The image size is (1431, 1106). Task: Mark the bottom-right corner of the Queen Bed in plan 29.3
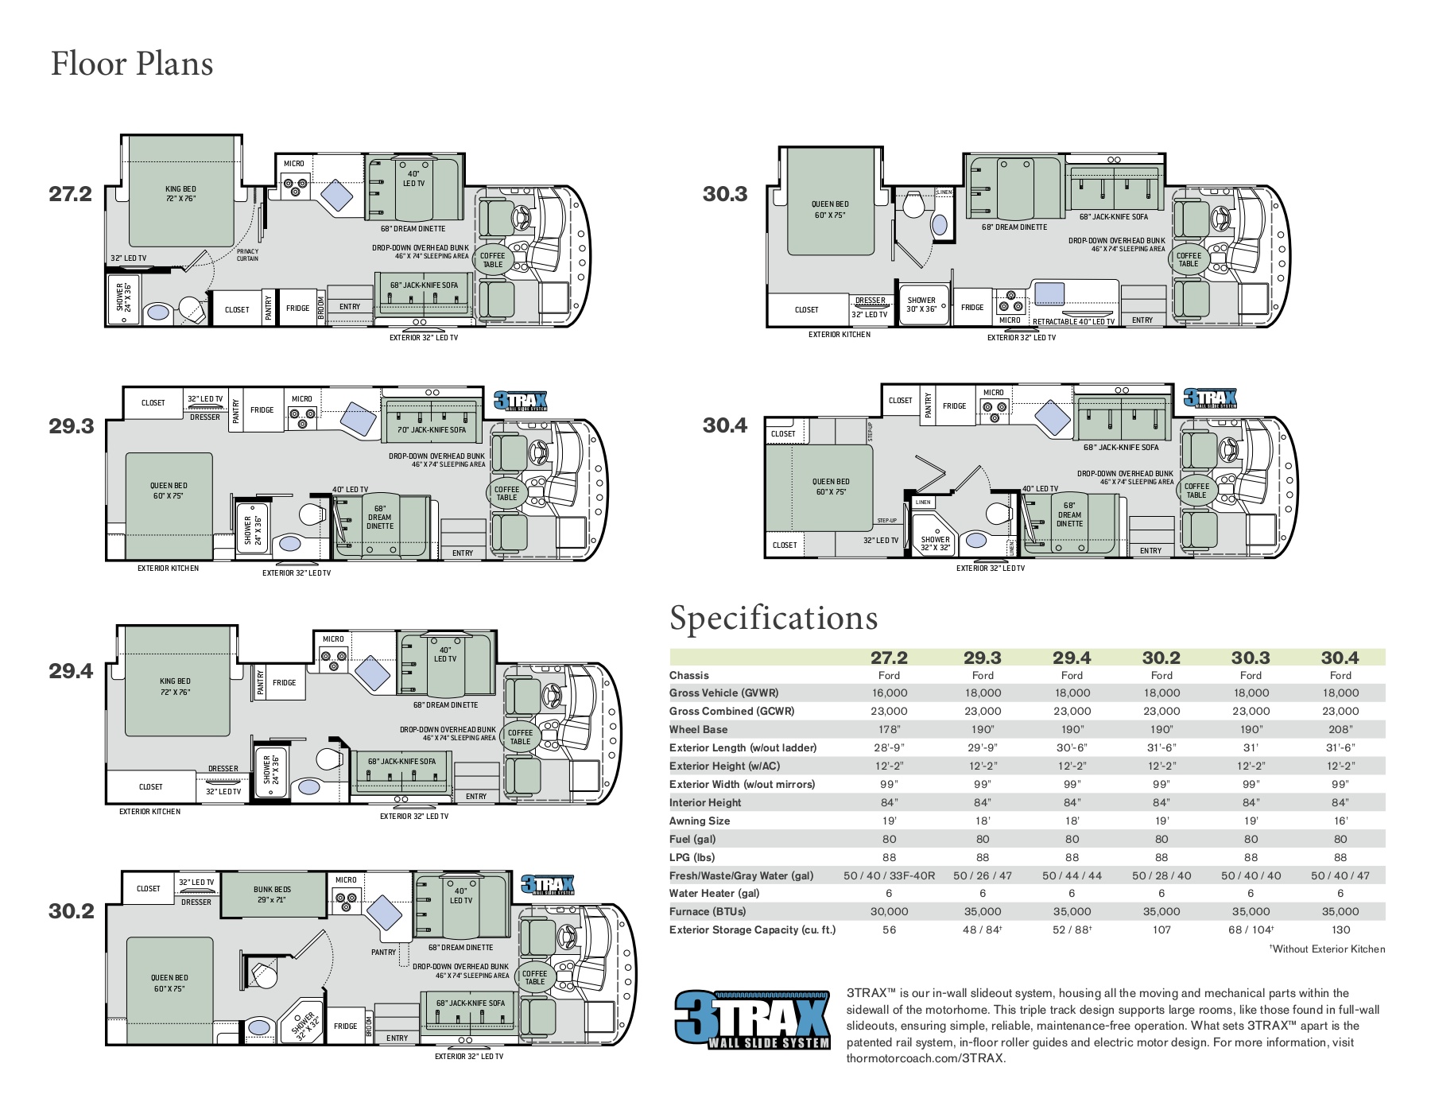[x=213, y=537]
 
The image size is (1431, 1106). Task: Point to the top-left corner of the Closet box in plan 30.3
[x=769, y=294]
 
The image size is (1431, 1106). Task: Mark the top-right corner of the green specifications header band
[x=1386, y=650]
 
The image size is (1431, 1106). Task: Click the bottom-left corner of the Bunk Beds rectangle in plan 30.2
[x=222, y=917]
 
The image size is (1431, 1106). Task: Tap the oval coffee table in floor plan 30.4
[x=1196, y=491]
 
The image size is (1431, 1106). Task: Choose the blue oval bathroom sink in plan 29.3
[x=290, y=544]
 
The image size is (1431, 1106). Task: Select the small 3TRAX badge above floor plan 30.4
[x=1211, y=398]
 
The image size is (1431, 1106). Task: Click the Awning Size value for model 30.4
[x=1340, y=821]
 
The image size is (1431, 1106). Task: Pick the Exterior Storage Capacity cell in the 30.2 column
[x=1161, y=929]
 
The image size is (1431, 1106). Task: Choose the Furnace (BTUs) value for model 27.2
[x=889, y=911]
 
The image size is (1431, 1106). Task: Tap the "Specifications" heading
[x=774, y=618]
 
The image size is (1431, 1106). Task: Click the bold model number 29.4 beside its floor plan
[x=71, y=671]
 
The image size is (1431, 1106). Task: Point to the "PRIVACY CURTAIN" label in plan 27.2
[x=247, y=255]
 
